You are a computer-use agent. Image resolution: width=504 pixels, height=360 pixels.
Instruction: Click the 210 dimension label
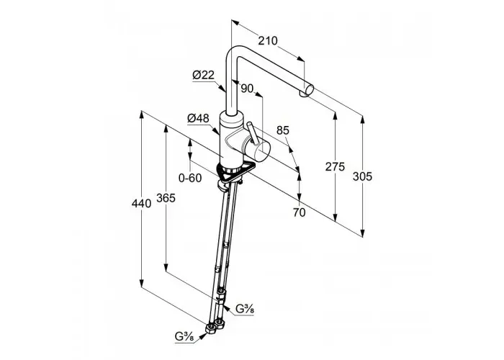pos(268,41)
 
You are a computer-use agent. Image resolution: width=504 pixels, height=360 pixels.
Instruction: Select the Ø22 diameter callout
pos(203,75)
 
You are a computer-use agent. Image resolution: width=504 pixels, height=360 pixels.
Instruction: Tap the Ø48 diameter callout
pos(198,118)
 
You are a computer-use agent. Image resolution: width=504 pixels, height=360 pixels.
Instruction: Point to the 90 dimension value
pos(247,89)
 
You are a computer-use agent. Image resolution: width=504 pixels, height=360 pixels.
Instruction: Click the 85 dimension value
pos(283,130)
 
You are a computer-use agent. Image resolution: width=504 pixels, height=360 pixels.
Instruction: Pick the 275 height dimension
pos(335,167)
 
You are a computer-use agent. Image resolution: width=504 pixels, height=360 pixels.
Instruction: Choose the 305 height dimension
pos(362,176)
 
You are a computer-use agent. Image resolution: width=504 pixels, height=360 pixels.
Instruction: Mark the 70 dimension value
pos(300,212)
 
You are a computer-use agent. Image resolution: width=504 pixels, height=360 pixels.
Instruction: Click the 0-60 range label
pos(190,178)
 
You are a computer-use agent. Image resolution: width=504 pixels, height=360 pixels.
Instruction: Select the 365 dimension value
pos(166,198)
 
